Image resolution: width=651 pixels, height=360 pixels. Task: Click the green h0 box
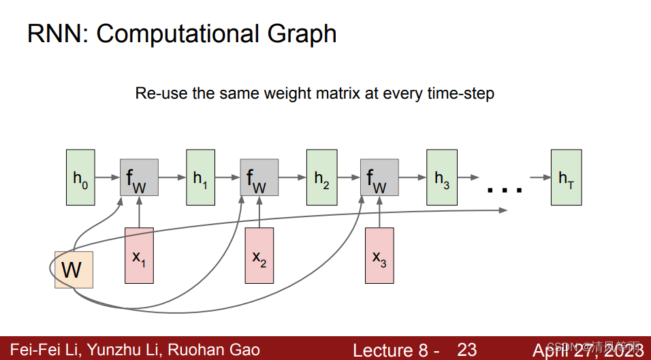pos(80,178)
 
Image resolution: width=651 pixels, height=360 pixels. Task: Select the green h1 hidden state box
pos(200,178)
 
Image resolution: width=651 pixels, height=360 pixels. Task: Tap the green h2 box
pos(321,178)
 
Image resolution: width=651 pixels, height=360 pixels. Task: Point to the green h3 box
pos(441,178)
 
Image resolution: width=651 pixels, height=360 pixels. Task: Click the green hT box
pos(566,178)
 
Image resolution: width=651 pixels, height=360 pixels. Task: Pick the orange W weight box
pos(74,269)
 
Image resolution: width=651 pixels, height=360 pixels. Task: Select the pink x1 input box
pos(139,256)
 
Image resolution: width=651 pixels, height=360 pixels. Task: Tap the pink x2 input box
pos(259,256)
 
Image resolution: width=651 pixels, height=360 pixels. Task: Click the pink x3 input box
pos(379,256)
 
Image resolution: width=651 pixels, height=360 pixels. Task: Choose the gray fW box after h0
pos(139,178)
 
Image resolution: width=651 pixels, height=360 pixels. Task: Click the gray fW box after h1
pos(259,178)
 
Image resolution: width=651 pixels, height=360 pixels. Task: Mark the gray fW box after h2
pos(379,178)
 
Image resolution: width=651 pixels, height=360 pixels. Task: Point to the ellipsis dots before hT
pos(505,190)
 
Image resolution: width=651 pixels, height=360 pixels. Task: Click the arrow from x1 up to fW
pos(139,212)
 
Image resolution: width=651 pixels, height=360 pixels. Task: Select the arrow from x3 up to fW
pos(379,212)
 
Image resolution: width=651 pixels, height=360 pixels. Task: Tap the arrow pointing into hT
pos(540,178)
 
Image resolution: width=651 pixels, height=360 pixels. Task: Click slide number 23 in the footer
pos(466,350)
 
